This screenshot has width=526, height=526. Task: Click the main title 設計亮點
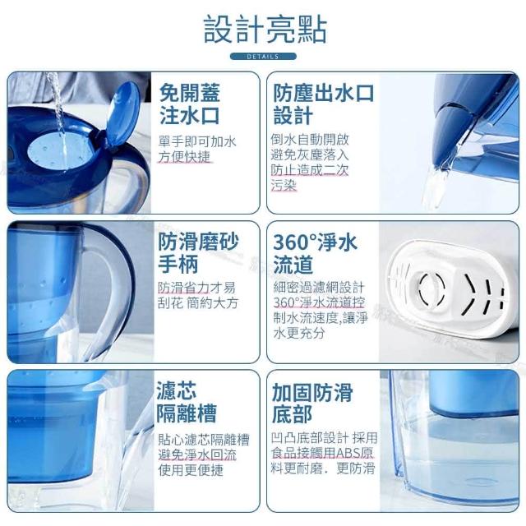265,30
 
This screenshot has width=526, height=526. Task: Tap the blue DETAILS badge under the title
263,57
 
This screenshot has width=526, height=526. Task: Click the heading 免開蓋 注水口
190,104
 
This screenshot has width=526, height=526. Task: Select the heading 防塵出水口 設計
323,104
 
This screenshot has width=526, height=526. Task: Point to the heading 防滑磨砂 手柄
198,252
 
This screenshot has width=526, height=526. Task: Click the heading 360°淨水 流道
315,253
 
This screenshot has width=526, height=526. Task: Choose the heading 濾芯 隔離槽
187,402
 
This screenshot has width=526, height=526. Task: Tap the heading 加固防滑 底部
312,403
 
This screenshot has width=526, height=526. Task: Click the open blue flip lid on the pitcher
122,113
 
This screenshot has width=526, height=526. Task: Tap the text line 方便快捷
184,157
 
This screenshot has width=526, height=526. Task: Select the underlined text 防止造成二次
310,170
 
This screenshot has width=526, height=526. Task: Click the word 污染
284,185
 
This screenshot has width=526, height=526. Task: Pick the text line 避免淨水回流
197,454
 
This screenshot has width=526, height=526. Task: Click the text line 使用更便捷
191,470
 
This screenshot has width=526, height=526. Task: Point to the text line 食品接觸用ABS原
322,453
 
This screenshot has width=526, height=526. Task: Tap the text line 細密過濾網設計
319,287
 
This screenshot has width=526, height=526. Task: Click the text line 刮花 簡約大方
198,303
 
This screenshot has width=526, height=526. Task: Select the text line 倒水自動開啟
310,140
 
